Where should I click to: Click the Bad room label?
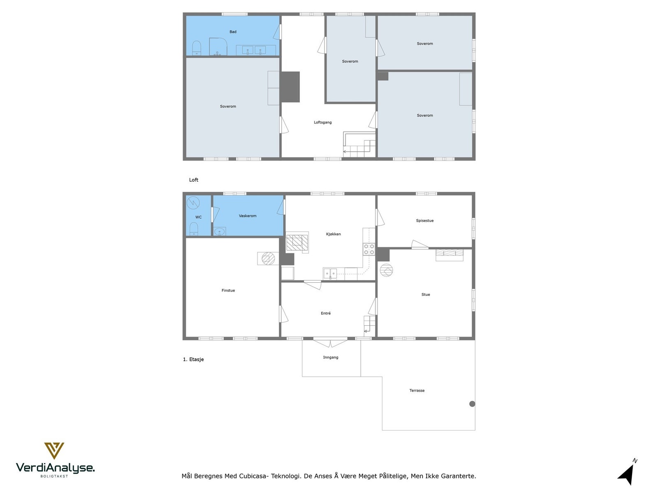(233, 32)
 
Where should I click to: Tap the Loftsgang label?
(322, 122)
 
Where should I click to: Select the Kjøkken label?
(334, 234)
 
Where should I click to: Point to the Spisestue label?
(424, 221)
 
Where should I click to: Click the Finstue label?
(228, 290)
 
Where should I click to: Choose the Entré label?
(326, 313)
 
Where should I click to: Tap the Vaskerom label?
(247, 216)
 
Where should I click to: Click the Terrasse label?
(417, 391)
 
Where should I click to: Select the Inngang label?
(331, 357)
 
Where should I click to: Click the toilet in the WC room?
(194, 229)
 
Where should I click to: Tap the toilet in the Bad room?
(196, 48)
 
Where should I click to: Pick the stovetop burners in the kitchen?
(369, 249)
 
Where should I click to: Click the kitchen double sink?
(330, 274)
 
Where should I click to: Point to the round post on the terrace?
(472, 404)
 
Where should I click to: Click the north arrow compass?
(627, 474)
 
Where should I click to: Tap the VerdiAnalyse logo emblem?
(54, 451)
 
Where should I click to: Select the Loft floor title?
(193, 180)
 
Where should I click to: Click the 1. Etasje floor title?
(193, 359)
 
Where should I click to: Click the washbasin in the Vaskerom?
(220, 232)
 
